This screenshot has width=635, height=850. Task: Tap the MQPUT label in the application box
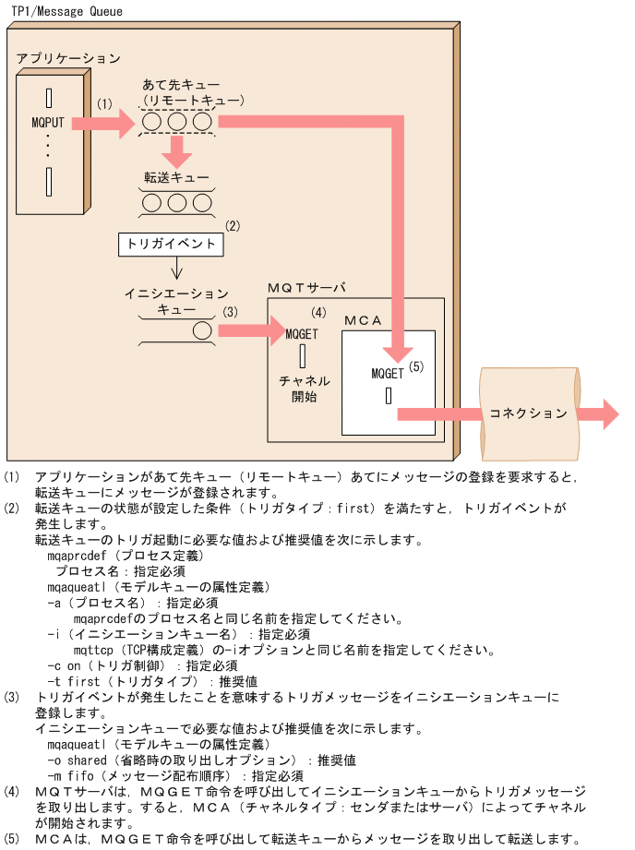click(x=48, y=121)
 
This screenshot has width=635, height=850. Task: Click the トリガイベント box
click(x=172, y=245)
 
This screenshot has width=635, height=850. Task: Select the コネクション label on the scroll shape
click(x=529, y=413)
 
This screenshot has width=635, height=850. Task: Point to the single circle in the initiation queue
click(x=202, y=329)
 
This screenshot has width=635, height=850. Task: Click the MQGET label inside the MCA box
click(x=388, y=374)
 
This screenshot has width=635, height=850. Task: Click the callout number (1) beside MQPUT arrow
click(x=104, y=104)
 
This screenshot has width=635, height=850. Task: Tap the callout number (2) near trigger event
click(x=234, y=225)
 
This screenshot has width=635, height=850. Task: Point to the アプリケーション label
click(x=68, y=58)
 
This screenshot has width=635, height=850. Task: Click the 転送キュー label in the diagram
click(x=175, y=176)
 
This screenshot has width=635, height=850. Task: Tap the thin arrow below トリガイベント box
click(x=175, y=269)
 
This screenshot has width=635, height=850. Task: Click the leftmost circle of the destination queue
click(x=153, y=122)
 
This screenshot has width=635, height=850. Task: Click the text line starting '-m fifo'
click(x=175, y=776)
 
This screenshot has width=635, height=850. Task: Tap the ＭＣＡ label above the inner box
click(x=362, y=319)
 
